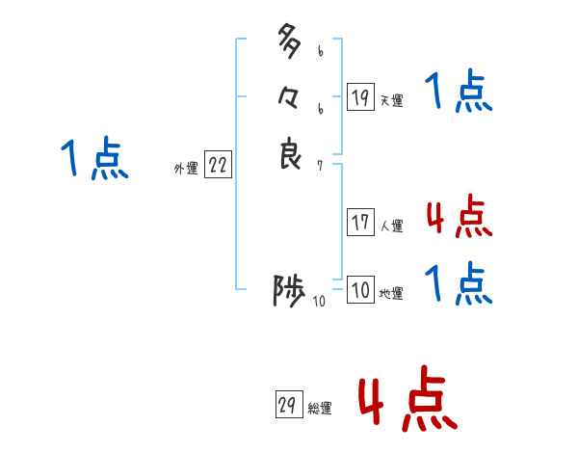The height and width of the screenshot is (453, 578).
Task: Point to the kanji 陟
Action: click(x=289, y=290)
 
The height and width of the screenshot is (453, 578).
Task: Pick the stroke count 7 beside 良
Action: click(x=320, y=165)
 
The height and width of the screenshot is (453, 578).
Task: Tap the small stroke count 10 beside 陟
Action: click(x=319, y=302)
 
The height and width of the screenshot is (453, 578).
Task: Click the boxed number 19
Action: click(x=360, y=96)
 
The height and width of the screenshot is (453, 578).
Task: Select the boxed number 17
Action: click(x=360, y=223)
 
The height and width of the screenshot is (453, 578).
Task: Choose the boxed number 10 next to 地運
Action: click(x=360, y=290)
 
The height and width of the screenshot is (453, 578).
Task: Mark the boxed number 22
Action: click(x=218, y=165)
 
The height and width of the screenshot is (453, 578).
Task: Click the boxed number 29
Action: click(x=287, y=405)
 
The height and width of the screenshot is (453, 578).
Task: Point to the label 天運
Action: click(x=391, y=100)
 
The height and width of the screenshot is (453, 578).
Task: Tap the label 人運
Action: click(x=391, y=226)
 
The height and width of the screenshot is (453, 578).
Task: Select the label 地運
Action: click(x=391, y=294)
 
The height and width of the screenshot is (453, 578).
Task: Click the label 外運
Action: click(x=186, y=168)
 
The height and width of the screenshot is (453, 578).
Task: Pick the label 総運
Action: click(x=319, y=409)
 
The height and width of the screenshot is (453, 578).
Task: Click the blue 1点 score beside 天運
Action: click(x=459, y=93)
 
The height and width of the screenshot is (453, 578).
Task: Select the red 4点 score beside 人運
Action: click(x=459, y=218)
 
